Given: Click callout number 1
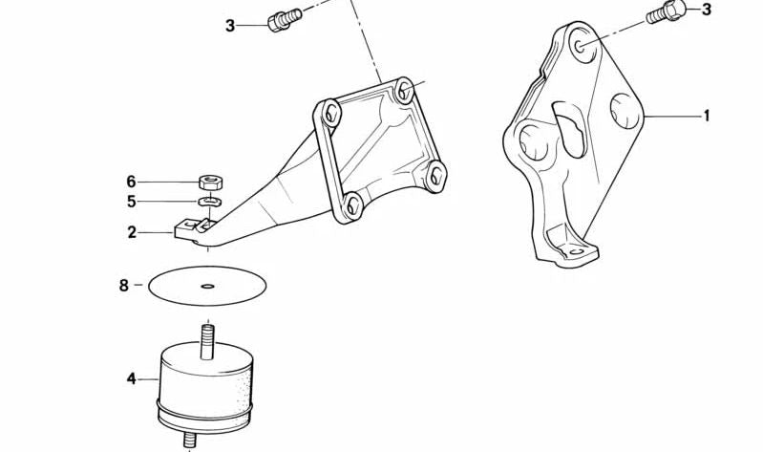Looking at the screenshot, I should pyautogui.click(x=707, y=117).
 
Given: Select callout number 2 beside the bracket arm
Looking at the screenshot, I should pyautogui.click(x=133, y=231).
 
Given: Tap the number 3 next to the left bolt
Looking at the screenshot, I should pyautogui.click(x=229, y=26).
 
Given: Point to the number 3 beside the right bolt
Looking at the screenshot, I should pyautogui.click(x=707, y=10).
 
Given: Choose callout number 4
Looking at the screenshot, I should pyautogui.click(x=132, y=379).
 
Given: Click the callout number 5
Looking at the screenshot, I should pyautogui.click(x=132, y=202).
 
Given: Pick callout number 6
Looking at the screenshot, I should pyautogui.click(x=132, y=182).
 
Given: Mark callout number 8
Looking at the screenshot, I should pyautogui.click(x=124, y=285).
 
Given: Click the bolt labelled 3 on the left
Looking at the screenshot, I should pyautogui.click(x=284, y=19).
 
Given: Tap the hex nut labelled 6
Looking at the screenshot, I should pyautogui.click(x=211, y=181).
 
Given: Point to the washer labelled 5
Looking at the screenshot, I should pyautogui.click(x=210, y=202).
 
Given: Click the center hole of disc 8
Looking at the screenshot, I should pyautogui.click(x=208, y=285).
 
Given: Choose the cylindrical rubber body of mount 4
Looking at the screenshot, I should pyautogui.click(x=205, y=382).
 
